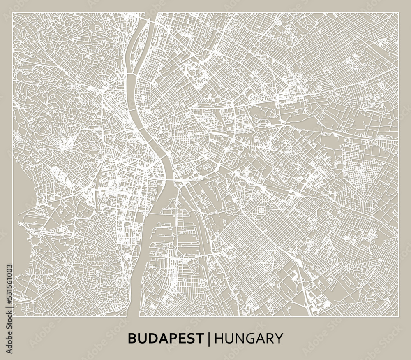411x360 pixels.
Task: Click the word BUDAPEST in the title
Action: (166, 338)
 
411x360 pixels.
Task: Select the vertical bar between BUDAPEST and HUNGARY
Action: (210, 338)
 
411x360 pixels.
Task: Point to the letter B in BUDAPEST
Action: (132, 338)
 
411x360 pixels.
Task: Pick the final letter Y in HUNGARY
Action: (279, 338)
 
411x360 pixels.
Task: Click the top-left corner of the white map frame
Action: (12, 13)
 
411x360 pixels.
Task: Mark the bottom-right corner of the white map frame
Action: (399, 317)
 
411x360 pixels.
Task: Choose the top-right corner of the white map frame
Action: (399, 13)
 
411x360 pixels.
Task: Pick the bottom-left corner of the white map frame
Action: (12, 317)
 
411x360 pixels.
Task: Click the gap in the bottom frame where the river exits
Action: (133, 317)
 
